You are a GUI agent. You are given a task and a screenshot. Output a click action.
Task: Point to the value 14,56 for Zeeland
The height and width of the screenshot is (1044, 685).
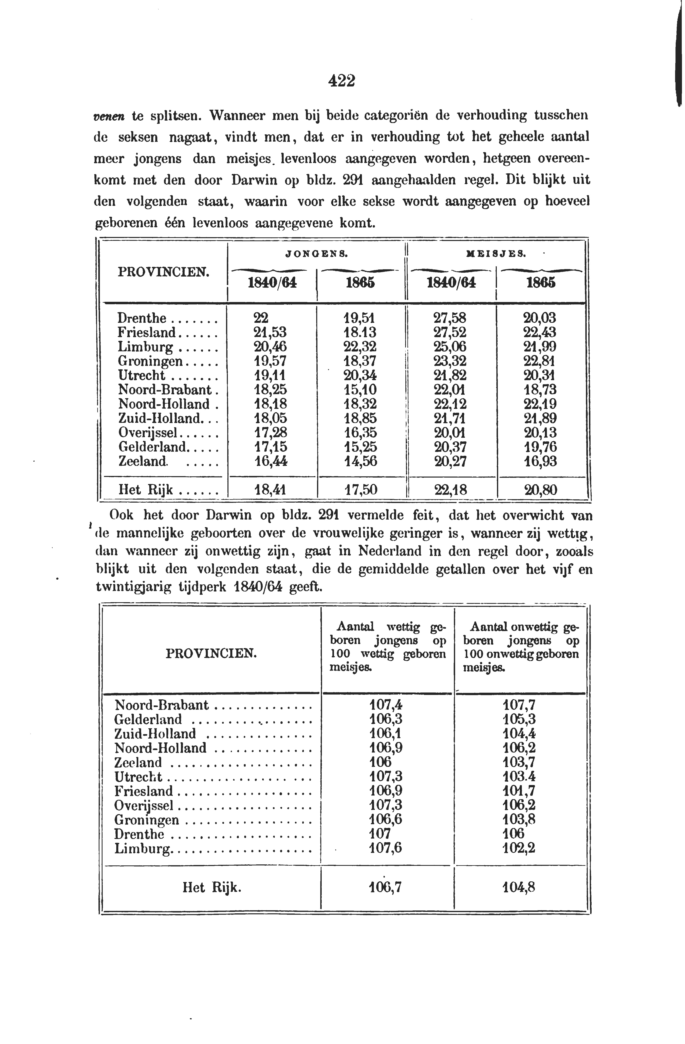pos(360,461)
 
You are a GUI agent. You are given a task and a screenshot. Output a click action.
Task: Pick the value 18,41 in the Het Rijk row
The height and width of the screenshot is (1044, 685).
pos(270,489)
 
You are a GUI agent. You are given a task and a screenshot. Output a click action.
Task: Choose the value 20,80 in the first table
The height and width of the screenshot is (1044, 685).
pos(540,489)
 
